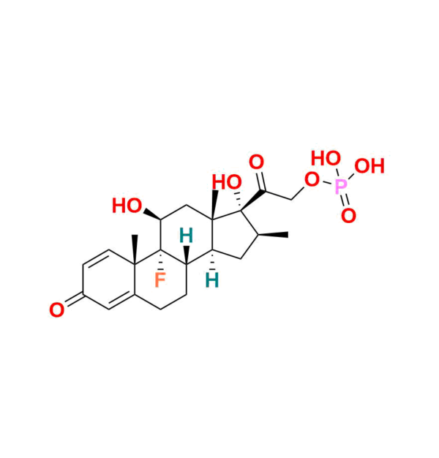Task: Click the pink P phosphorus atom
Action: pyautogui.click(x=341, y=188)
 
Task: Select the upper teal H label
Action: pyautogui.click(x=187, y=236)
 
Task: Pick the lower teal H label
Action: pyautogui.click(x=212, y=279)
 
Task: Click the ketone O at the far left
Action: pyautogui.click(x=56, y=311)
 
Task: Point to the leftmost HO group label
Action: pyautogui.click(x=127, y=206)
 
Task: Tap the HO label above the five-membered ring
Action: pyautogui.click(x=227, y=182)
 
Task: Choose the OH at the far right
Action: pyautogui.click(x=369, y=166)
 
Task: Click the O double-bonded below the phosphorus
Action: pyautogui.click(x=349, y=215)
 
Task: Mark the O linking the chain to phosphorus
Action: pyautogui.click(x=312, y=180)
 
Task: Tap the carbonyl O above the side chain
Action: pyautogui.click(x=256, y=162)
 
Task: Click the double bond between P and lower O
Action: pyautogui.click(x=345, y=202)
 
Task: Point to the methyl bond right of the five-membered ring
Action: pyautogui.click(x=278, y=234)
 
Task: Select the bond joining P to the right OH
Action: pyautogui.click(x=354, y=178)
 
